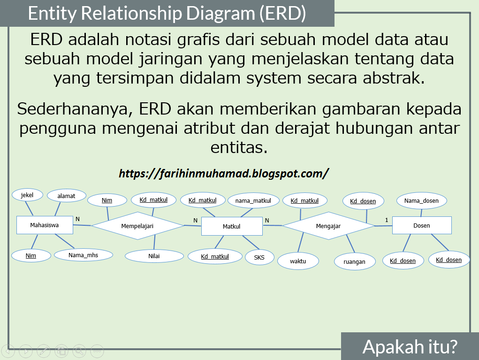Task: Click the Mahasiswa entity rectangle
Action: click(x=45, y=225)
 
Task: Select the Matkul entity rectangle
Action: click(x=231, y=226)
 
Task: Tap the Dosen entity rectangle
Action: click(x=421, y=225)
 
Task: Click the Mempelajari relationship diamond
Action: click(x=137, y=226)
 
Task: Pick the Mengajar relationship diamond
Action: click(x=328, y=226)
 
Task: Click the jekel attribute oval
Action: click(x=27, y=195)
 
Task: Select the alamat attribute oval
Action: click(x=66, y=196)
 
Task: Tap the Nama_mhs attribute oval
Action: click(x=84, y=255)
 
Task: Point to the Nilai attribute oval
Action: click(x=154, y=256)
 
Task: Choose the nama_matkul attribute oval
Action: click(x=253, y=201)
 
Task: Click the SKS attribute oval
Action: click(x=259, y=257)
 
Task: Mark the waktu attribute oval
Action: click(x=298, y=261)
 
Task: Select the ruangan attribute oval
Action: click(x=354, y=261)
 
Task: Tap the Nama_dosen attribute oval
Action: click(x=421, y=201)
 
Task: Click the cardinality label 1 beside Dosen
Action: click(x=387, y=220)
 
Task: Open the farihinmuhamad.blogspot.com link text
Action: click(x=224, y=174)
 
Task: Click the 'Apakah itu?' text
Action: click(x=410, y=347)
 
